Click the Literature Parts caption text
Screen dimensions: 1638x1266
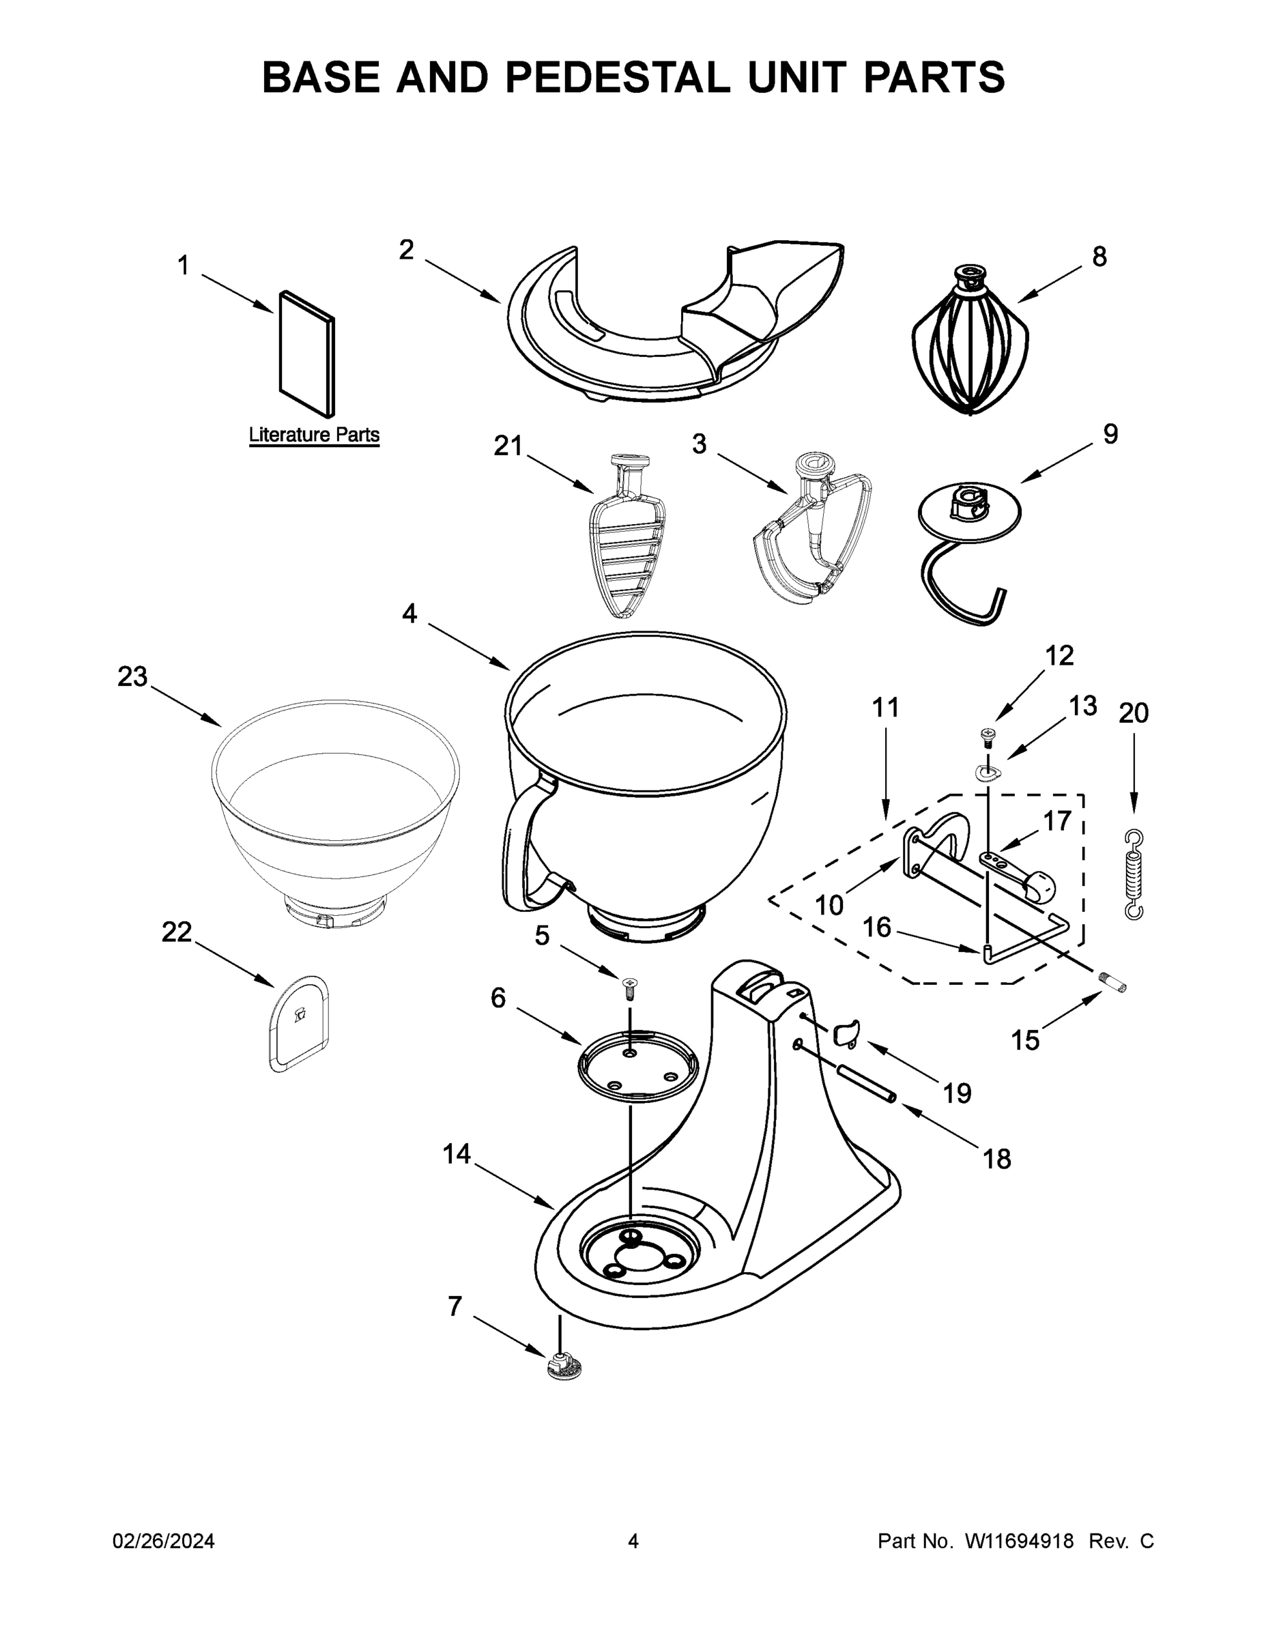(x=313, y=435)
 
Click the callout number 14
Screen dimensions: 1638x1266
(x=456, y=1153)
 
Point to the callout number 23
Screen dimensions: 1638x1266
(x=133, y=676)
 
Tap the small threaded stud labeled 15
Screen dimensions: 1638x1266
(x=1114, y=980)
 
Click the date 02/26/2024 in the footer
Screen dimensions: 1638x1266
(x=164, y=1540)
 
